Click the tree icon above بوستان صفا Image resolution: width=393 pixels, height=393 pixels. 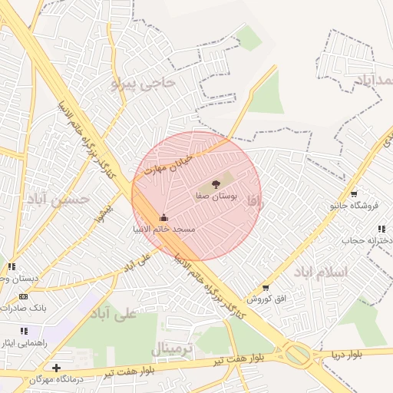(216, 184)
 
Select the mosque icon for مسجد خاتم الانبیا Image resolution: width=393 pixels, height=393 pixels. (163, 217)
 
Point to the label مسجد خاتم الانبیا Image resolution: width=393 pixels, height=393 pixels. (163, 230)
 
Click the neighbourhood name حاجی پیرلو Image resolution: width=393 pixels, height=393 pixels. (144, 83)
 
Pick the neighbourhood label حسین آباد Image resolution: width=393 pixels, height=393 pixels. (58, 200)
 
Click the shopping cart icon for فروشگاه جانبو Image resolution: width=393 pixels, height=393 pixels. (353, 193)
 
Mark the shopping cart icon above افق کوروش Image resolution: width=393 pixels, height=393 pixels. (266, 288)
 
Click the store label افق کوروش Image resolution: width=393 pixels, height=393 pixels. (266, 299)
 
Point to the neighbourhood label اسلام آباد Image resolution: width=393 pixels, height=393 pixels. (320, 272)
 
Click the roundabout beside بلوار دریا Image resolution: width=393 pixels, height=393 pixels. (296, 354)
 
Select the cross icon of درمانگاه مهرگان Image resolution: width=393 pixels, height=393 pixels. (56, 368)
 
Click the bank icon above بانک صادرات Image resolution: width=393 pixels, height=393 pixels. (23, 296)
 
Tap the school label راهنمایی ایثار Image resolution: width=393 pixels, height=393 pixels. (23, 343)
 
